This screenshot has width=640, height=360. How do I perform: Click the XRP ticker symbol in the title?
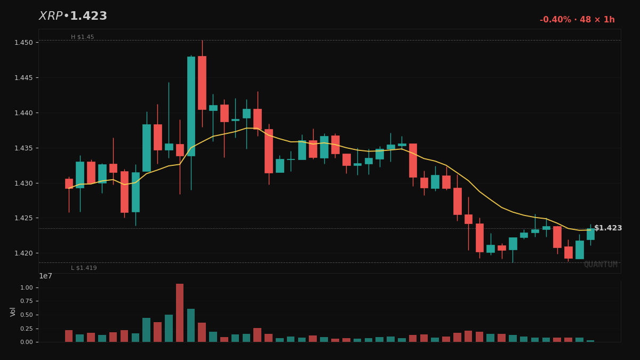pos(51,17)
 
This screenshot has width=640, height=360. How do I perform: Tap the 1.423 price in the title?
pos(89,17)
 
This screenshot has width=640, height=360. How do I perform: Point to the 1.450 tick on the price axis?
pos(24,43)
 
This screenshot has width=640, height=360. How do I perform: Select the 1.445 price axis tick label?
pos(24,78)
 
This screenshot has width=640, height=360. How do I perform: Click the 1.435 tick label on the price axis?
pos(24,148)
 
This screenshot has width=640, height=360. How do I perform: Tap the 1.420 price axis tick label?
pos(24,253)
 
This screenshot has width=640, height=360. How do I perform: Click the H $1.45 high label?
pos(82,37)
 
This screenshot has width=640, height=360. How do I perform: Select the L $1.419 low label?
pos(84,268)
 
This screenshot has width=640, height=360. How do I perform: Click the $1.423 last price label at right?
pos(608,228)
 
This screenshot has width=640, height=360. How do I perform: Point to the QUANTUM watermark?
pos(601,265)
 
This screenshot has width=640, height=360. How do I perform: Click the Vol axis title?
pos(13,311)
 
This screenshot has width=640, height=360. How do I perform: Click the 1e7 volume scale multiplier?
pos(46,276)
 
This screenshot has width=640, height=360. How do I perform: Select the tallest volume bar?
pos(180,313)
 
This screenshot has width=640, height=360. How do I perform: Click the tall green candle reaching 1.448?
pos(191,106)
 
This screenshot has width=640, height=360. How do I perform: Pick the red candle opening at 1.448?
pos(202,83)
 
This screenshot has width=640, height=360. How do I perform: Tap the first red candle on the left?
pos(69,183)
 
